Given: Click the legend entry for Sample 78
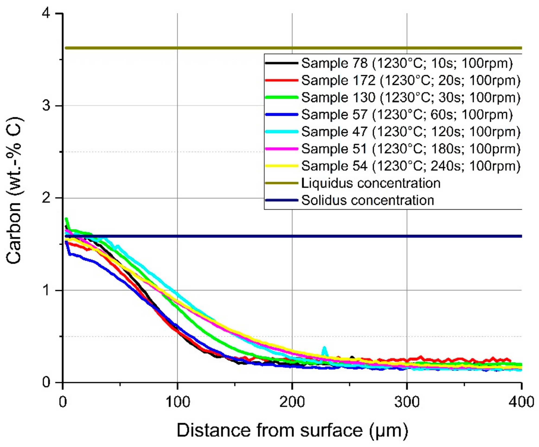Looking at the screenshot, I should pyautogui.click(x=407, y=63).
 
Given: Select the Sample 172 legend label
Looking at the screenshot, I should pyautogui.click(x=411, y=80).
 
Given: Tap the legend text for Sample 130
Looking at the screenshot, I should pyautogui.click(x=411, y=97).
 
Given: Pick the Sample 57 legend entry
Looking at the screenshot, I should pyautogui.click(x=407, y=115).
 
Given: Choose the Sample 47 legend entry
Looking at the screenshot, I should pyautogui.click(x=411, y=132).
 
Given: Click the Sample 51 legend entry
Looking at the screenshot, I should pyautogui.click(x=411, y=149).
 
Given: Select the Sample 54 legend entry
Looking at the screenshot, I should pyautogui.click(x=411, y=166).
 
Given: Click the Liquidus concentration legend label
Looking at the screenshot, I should pyautogui.click(x=371, y=183).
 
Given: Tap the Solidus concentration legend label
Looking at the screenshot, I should pyautogui.click(x=367, y=200).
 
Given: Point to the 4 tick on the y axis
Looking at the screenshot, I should pyautogui.click(x=46, y=13).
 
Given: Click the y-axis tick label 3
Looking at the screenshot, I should pyautogui.click(x=46, y=106).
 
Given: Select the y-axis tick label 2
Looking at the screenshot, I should pyautogui.click(x=46, y=198).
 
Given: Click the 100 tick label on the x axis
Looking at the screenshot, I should pyautogui.click(x=177, y=402).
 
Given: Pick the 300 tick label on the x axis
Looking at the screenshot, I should pyautogui.click(x=407, y=402).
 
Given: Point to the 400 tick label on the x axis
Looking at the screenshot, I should pyautogui.click(x=521, y=402).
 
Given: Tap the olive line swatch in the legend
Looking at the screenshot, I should pyautogui.click(x=282, y=183).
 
